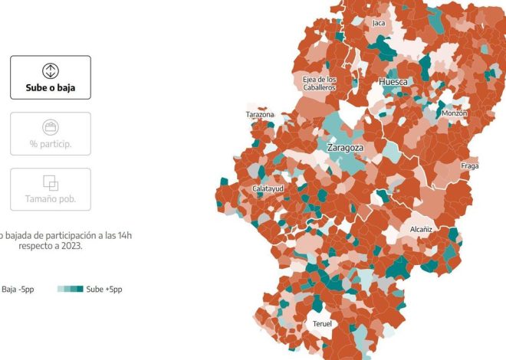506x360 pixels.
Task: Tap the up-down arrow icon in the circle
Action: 50,71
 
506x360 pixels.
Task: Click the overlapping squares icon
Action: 50,183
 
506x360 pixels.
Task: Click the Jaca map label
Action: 379,23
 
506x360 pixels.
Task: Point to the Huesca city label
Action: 393,81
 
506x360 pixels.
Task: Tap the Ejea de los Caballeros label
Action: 319,83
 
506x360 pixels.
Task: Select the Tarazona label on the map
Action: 260,115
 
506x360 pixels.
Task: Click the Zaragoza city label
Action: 345,147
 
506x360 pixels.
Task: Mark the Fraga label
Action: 469,166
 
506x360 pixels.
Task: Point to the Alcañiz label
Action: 421,229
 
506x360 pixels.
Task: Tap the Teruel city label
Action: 323,325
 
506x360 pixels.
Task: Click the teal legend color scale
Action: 70,290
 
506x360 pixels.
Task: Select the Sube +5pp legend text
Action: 103,290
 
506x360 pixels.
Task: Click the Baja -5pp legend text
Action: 19,290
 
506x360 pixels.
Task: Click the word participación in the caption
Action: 66,235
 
